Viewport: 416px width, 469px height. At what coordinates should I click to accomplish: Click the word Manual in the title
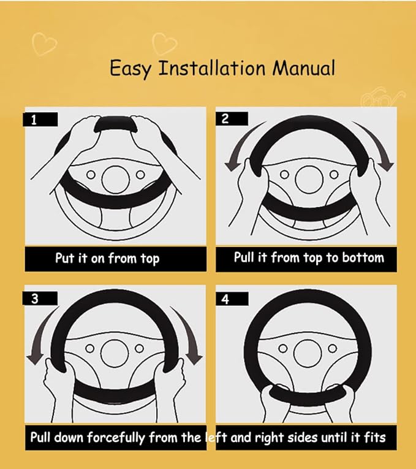(304, 68)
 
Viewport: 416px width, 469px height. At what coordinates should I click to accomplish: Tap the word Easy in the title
(130, 69)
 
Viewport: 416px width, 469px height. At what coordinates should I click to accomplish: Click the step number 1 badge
(40, 120)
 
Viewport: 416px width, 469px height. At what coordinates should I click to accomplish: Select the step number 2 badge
(232, 119)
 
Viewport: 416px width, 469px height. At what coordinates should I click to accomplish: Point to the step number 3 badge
(40, 298)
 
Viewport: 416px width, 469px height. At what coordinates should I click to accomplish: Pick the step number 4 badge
(232, 299)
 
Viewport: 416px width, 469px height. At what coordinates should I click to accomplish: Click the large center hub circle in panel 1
(115, 180)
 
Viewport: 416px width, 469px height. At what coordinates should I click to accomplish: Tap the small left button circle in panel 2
(284, 174)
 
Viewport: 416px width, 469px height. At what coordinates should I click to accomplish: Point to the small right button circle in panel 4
(332, 348)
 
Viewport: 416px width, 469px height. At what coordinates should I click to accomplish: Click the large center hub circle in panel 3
(115, 354)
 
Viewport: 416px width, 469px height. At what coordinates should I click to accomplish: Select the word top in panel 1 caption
(149, 259)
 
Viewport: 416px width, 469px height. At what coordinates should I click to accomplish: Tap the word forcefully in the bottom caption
(116, 438)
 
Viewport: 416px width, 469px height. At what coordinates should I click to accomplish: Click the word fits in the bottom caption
(375, 438)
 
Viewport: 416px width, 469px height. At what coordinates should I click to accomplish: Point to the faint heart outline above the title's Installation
(164, 44)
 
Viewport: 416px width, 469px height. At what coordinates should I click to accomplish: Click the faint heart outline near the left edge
(44, 44)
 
